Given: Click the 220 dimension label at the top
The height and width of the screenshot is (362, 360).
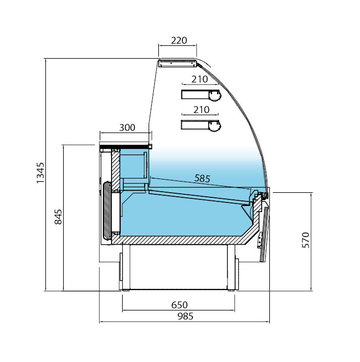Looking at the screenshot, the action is click(179, 40).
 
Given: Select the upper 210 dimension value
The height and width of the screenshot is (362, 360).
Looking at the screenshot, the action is click(200, 80).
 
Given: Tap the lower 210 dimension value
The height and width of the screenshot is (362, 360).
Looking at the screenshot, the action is click(201, 110).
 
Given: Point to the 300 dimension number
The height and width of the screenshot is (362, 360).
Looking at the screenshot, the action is click(127, 127).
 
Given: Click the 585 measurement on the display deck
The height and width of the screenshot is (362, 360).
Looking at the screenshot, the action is click(202, 178).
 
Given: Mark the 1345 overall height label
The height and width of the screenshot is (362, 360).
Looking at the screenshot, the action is click(40, 173).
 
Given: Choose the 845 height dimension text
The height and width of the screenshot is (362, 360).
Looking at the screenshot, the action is click(58, 217).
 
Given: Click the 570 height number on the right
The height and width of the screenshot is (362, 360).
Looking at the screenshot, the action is click(306, 240).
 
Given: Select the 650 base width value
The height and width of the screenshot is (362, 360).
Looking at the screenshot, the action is click(179, 305).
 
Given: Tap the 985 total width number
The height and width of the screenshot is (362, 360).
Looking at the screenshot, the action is click(185, 316).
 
